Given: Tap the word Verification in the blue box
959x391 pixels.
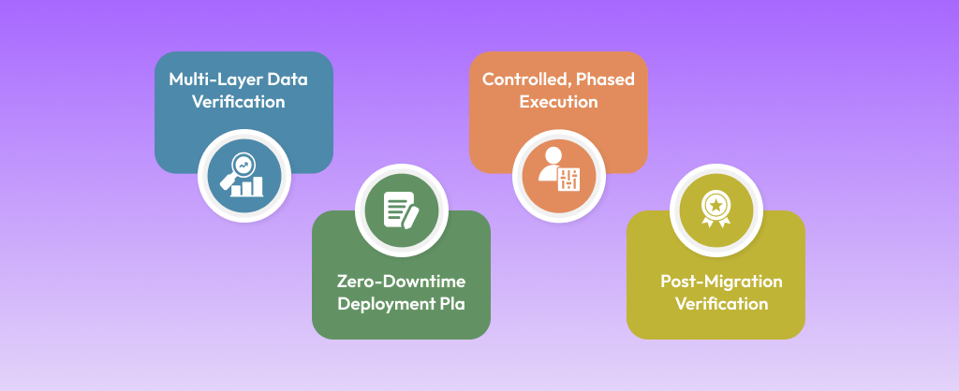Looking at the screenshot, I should click(x=239, y=102).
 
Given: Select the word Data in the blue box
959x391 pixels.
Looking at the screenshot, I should click(x=288, y=80).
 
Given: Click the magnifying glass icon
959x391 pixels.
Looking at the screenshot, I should click(x=239, y=169).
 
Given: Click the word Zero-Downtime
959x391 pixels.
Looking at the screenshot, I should click(x=401, y=281).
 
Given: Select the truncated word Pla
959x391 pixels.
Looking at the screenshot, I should click(x=450, y=304).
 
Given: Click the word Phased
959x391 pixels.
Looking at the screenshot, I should click(x=605, y=80).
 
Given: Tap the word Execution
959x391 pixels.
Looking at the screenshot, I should click(x=558, y=102).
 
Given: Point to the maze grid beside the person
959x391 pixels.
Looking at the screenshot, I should click(x=569, y=179).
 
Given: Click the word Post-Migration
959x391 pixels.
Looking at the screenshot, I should click(x=721, y=281).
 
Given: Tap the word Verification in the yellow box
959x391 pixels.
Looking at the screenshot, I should click(x=721, y=304).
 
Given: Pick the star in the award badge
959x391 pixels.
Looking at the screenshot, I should click(x=716, y=203).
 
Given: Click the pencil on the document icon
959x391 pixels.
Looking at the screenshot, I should click(x=410, y=216).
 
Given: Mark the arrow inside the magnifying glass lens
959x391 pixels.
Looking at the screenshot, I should click(x=243, y=165).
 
